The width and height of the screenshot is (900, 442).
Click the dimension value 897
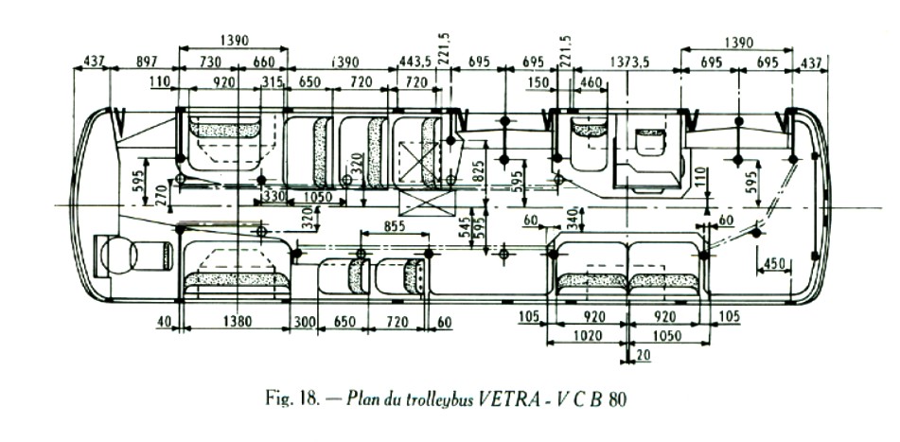coord(147,62)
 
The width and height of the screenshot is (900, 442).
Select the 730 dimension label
coord(210,62)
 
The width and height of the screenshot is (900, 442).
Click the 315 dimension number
coord(274,83)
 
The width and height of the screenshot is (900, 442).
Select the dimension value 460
coord(591,83)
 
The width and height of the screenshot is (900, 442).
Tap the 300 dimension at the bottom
coord(303,322)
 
